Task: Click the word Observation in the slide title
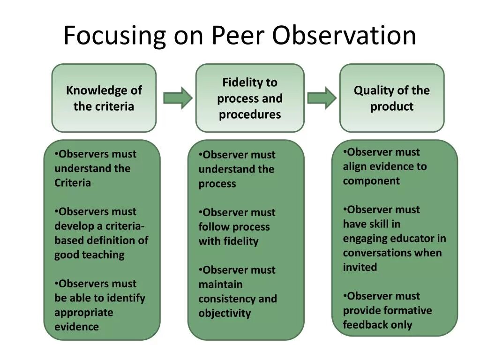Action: point(344,36)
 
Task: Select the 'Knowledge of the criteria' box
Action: point(104,98)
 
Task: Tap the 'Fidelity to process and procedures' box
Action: point(249,98)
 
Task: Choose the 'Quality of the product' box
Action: point(391,98)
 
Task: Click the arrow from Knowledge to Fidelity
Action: point(177,98)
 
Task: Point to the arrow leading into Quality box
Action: point(322,98)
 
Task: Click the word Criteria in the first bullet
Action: point(73,183)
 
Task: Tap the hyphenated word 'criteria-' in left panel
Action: point(125,226)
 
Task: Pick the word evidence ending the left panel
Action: point(76,327)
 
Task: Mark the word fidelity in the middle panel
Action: point(241,241)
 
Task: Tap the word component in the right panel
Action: point(371,181)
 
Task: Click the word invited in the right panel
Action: point(360,267)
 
